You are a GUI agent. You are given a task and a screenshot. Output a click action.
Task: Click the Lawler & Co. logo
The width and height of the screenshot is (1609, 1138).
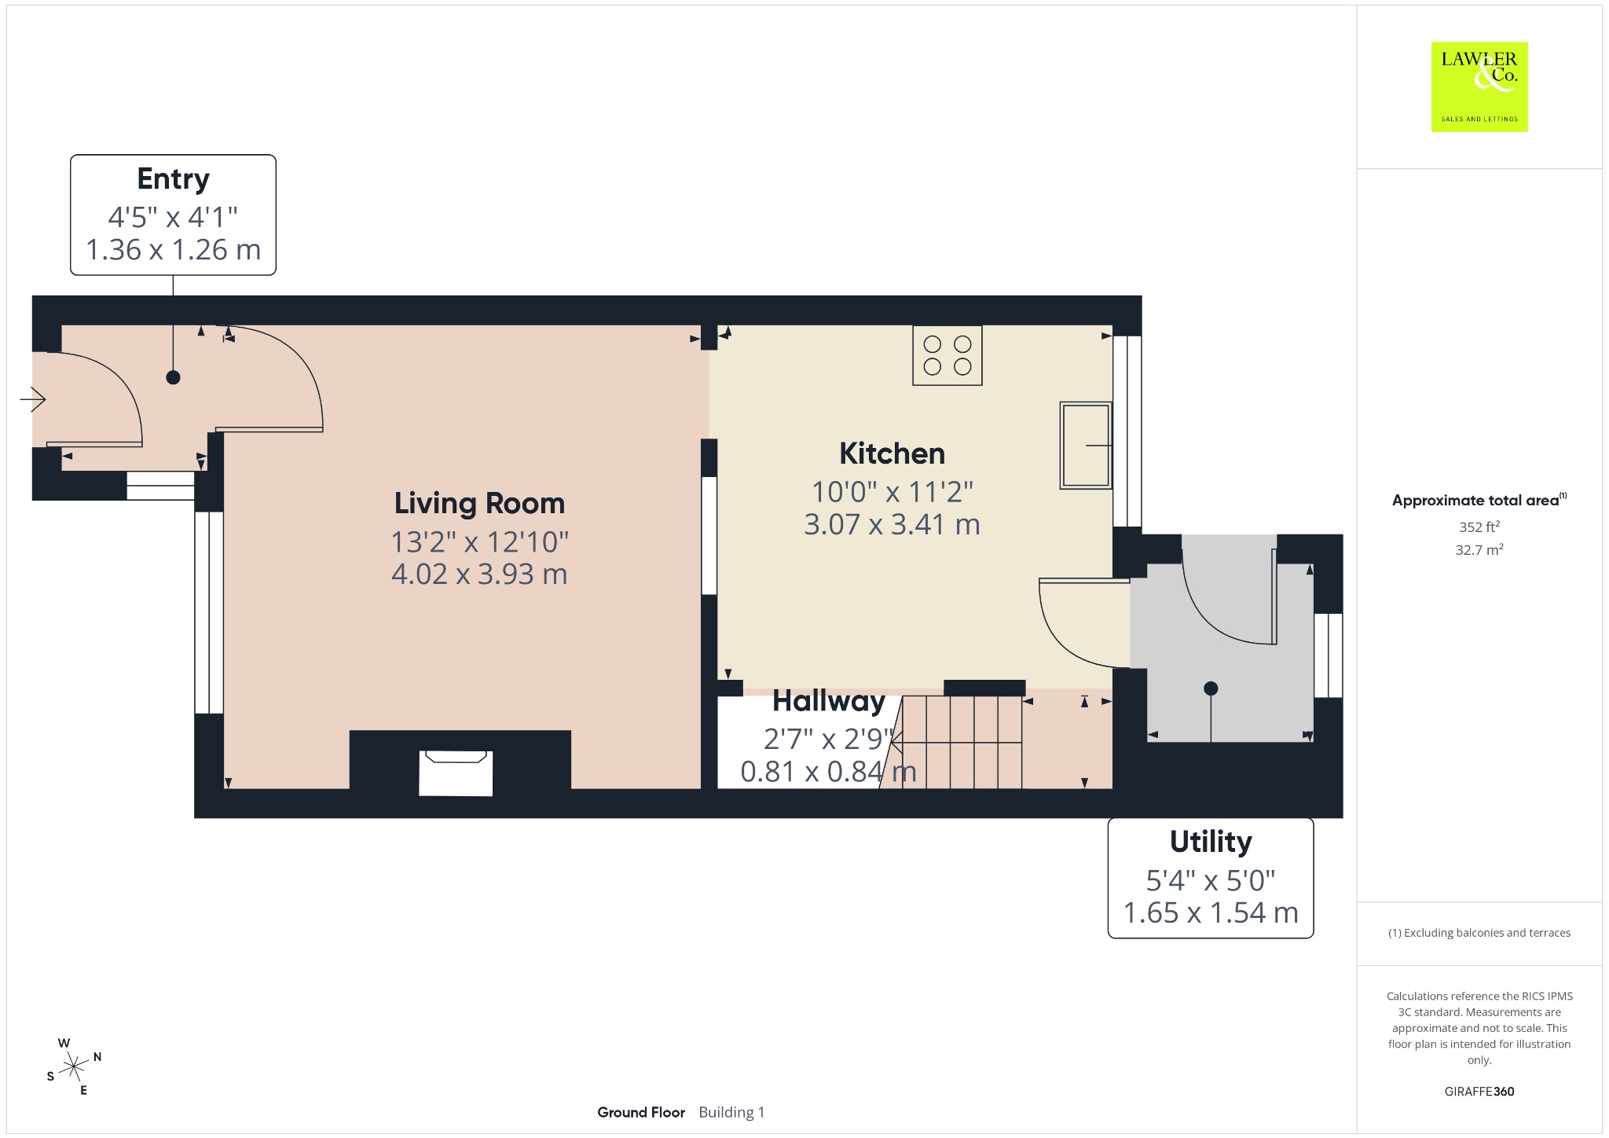coord(1479,86)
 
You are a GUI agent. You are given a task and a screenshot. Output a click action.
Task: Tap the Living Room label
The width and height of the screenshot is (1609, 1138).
coord(479,503)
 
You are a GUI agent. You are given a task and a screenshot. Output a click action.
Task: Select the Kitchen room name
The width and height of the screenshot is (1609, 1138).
coord(892,453)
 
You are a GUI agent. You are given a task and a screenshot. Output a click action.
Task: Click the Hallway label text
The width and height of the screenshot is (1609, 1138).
coord(829,700)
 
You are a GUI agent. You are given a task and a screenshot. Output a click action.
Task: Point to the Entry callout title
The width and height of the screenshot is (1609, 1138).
coord(173,180)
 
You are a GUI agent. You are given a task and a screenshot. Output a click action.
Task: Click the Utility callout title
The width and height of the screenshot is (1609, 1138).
coord(1211,842)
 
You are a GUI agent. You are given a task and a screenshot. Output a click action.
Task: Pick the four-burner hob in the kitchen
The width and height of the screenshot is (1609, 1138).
coord(947,355)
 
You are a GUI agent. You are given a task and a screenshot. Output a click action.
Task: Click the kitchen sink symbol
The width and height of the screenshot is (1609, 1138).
coord(1086,446)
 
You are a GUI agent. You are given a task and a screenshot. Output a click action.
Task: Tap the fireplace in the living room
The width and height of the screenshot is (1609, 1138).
coord(456,773)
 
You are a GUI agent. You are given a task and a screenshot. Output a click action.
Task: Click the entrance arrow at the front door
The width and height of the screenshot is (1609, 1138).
coord(33,399)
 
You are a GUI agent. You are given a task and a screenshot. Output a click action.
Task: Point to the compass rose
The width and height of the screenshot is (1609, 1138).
coord(74,1066)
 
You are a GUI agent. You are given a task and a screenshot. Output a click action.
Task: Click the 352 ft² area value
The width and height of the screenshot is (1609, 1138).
coord(1479,527)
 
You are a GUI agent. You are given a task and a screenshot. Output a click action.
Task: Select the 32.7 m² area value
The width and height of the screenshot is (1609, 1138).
coord(1479,549)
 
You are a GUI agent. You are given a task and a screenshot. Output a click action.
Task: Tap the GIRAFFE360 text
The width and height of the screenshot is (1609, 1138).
coord(1479,1091)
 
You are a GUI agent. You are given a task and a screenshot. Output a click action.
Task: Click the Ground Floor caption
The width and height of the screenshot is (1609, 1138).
coord(641,1112)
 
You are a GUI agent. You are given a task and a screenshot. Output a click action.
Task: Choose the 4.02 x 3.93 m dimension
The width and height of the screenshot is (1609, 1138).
coord(479,575)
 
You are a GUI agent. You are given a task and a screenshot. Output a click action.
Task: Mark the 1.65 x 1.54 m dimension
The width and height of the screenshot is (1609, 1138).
coord(1211,912)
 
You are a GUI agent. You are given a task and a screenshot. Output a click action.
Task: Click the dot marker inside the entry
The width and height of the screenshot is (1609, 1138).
coord(173,377)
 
